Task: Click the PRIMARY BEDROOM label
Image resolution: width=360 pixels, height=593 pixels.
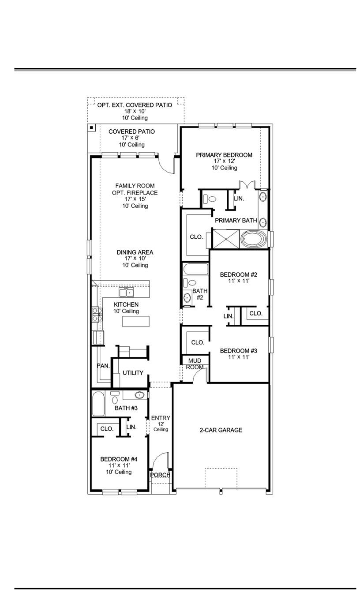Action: [x=224, y=155]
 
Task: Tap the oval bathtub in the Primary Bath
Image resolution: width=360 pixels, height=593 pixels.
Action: [x=254, y=240]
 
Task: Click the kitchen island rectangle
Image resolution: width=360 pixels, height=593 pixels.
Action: [x=135, y=321]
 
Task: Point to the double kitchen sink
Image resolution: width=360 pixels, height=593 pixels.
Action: [x=127, y=293]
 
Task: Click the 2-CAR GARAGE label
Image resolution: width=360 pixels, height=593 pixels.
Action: [x=221, y=430]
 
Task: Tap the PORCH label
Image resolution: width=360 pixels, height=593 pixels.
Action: [x=160, y=475]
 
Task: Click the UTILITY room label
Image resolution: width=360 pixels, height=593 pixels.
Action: [x=133, y=373]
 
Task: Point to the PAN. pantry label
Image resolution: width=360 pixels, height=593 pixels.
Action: [x=103, y=365]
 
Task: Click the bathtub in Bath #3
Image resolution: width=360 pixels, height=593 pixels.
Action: [x=98, y=404]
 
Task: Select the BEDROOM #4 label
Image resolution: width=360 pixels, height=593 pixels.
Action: [x=119, y=459]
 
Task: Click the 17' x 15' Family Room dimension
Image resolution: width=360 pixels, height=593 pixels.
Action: [x=135, y=199]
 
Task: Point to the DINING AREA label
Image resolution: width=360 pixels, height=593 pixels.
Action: [x=135, y=252]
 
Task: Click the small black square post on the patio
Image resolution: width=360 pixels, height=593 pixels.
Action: [x=91, y=128]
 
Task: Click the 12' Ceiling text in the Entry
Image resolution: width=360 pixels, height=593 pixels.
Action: [x=161, y=426]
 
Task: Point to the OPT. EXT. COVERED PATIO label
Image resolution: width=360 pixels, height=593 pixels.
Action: [x=135, y=105]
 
